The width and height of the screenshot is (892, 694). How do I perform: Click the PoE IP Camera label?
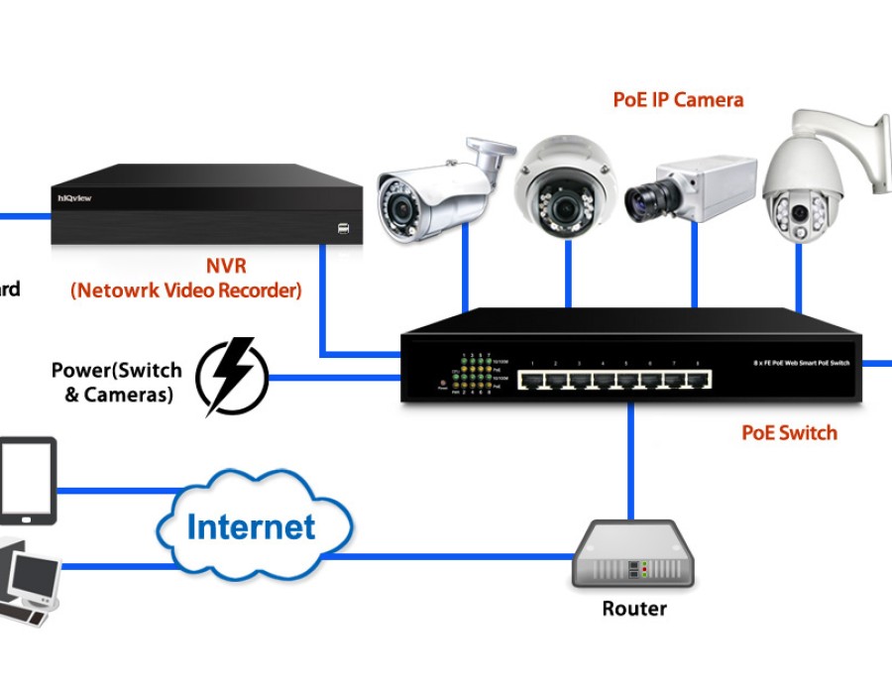point(678,99)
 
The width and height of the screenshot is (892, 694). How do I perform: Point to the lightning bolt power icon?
point(232,377)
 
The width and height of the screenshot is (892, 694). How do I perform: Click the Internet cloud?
point(253,525)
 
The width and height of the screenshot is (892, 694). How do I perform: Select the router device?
point(633,555)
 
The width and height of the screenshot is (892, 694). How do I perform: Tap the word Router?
point(634,608)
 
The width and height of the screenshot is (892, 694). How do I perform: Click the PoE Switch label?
point(789,432)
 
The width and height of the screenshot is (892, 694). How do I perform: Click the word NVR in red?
point(226,266)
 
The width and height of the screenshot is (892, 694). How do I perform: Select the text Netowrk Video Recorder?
point(186,290)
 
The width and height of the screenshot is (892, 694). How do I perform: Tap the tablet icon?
point(28,481)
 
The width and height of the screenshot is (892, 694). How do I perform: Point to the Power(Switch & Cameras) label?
point(117,383)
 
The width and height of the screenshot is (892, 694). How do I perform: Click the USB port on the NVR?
point(343,229)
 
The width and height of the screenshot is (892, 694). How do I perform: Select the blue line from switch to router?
point(630,461)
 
